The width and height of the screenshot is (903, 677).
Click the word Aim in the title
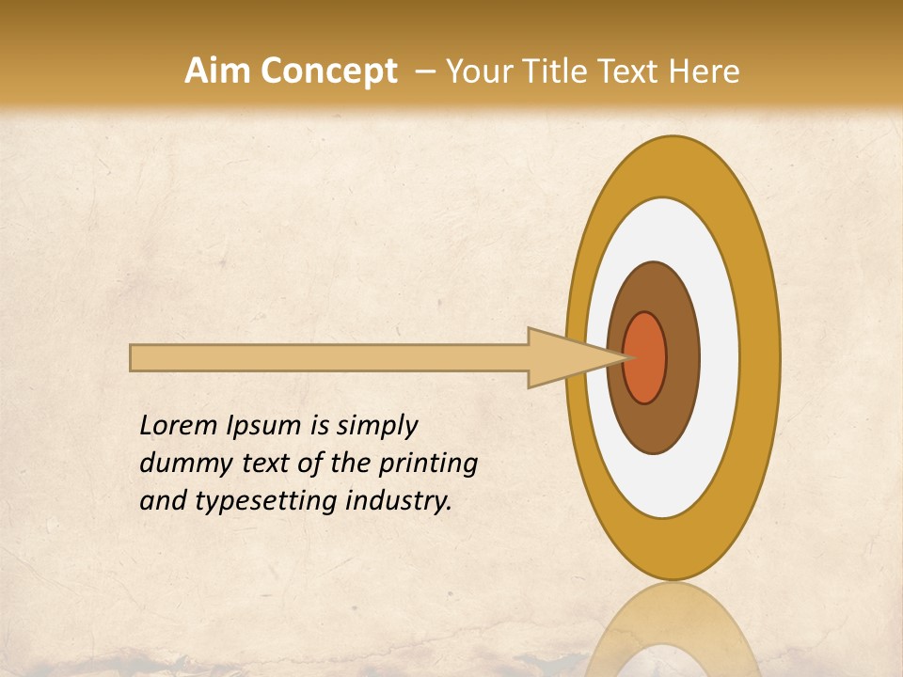coord(218,71)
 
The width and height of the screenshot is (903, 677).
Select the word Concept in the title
coord(329,71)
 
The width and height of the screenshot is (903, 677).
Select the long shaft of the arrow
coord(329,358)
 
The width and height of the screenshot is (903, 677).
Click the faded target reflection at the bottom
coord(672,630)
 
